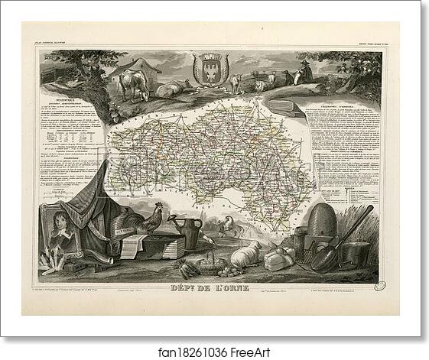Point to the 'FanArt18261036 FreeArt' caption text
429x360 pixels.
click(x=214, y=345)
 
